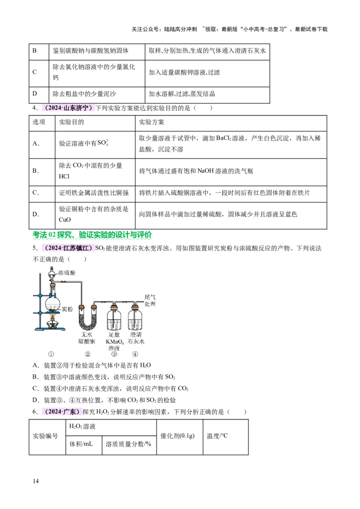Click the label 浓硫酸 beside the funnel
coord(67,272)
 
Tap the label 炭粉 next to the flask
coord(67,309)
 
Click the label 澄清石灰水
coord(136,338)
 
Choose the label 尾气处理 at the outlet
coord(150,300)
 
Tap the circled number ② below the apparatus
coord(88,354)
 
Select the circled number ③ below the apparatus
coord(114,354)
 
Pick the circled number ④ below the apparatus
coord(135,354)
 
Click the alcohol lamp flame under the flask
coord(52,318)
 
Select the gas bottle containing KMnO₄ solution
coord(114,320)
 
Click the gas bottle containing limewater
coord(135,320)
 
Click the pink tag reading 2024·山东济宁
coord(68,108)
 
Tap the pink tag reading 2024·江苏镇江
coord(68,247)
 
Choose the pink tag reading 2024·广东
coord(61,412)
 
